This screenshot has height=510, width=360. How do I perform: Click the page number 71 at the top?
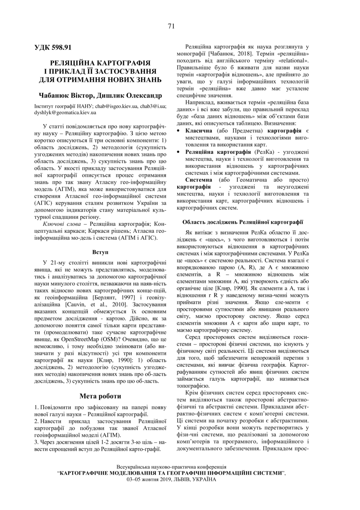[171, 26]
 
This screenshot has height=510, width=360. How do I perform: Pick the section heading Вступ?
[100, 251]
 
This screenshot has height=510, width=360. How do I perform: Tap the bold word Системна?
[199, 180]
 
